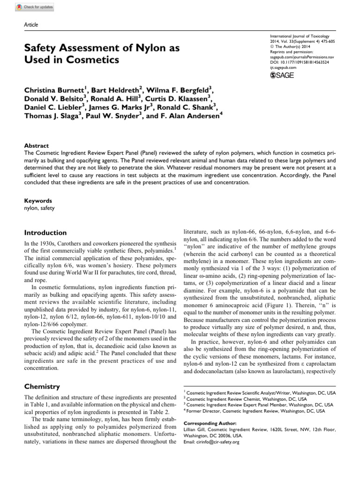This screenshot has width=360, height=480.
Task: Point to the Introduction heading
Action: pos(45,232)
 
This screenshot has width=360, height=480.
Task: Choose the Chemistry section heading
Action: pos(42,386)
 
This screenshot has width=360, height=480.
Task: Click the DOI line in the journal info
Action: pos(300,62)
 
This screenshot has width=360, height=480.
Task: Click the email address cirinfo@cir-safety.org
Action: pos(216,442)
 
